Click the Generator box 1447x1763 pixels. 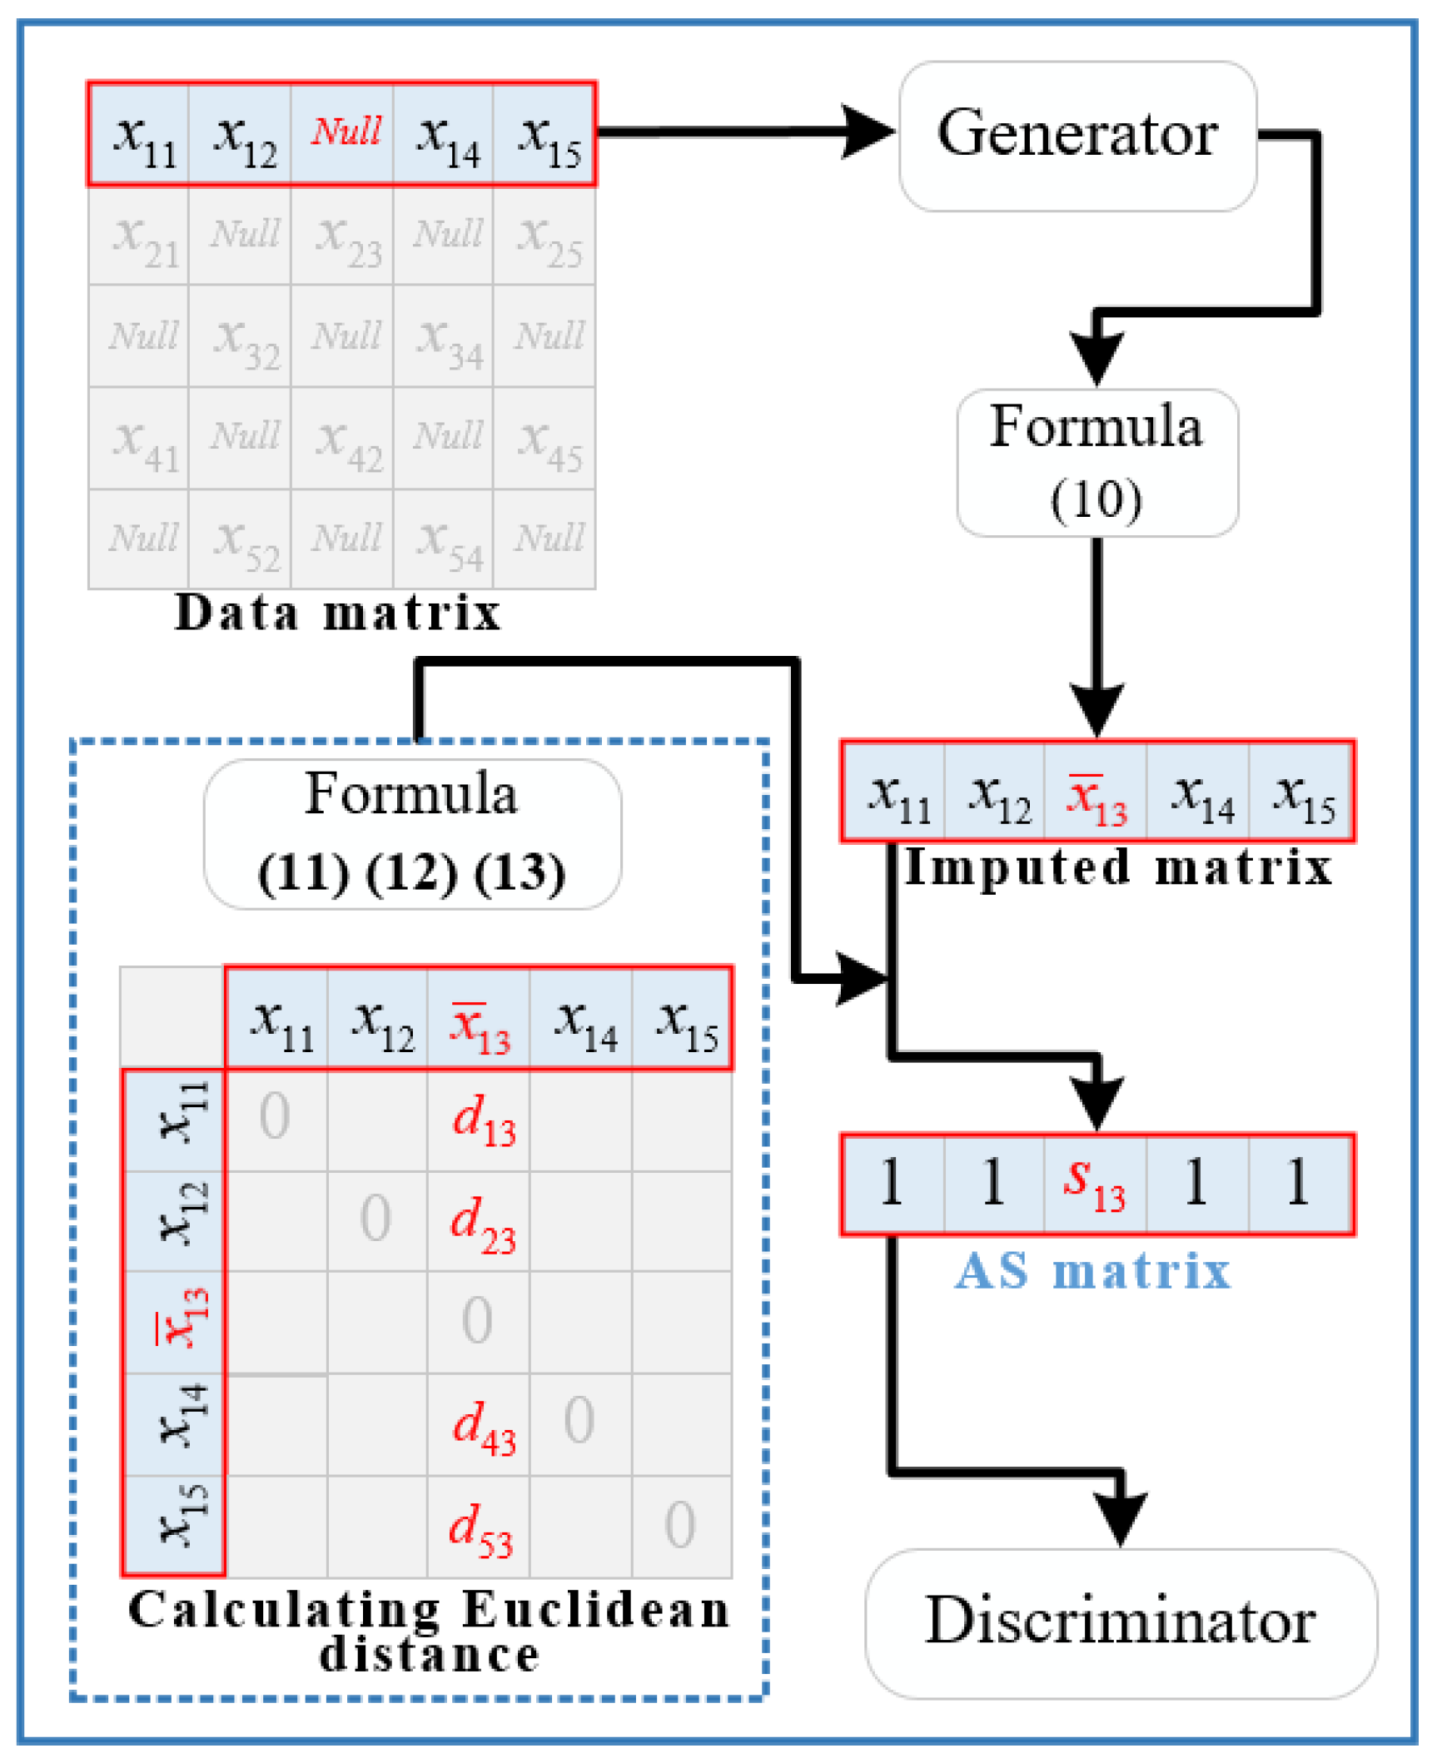point(1077,136)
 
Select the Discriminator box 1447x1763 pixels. point(1121,1622)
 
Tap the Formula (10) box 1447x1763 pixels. point(1097,463)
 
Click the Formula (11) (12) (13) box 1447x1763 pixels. point(412,833)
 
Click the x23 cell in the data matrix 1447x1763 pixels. point(346,236)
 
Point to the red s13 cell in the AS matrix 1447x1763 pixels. point(1096,1184)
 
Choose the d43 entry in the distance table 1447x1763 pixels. point(482,1426)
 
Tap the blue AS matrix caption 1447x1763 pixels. point(1092,1271)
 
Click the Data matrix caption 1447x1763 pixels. point(337,614)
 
